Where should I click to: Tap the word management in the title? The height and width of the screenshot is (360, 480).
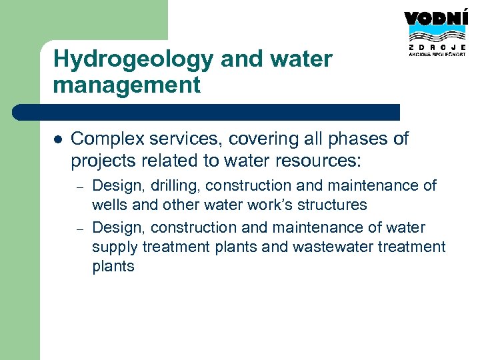pyautogui.click(x=127, y=85)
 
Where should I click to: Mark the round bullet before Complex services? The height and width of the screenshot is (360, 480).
pyautogui.click(x=57, y=139)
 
